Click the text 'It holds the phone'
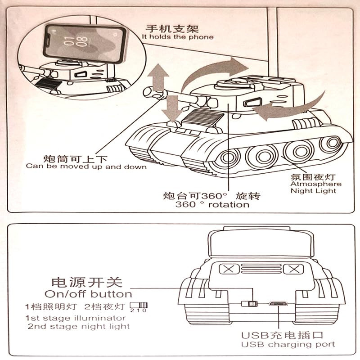(x=178, y=36)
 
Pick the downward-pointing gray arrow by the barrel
(x=173, y=106)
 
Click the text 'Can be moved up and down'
(x=86, y=166)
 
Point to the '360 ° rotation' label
(x=212, y=205)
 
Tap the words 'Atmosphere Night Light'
(x=316, y=187)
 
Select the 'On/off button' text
(x=88, y=294)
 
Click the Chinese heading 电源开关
(x=87, y=282)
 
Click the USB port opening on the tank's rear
(x=279, y=303)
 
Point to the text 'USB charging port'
(x=288, y=344)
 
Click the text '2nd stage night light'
(x=79, y=326)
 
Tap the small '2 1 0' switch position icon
(x=139, y=308)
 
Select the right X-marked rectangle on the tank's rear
(x=293, y=270)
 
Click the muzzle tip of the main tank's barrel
(x=147, y=92)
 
